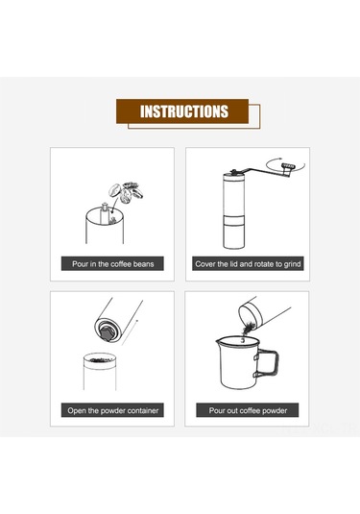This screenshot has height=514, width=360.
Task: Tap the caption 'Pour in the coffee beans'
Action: point(112,262)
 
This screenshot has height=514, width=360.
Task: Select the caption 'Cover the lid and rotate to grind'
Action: point(248,262)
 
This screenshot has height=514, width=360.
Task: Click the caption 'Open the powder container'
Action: point(112,410)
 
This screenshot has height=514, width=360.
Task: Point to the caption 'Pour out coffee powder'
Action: point(248,410)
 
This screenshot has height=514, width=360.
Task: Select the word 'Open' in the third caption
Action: point(78,410)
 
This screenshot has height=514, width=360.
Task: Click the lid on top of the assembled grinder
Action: point(232,179)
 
